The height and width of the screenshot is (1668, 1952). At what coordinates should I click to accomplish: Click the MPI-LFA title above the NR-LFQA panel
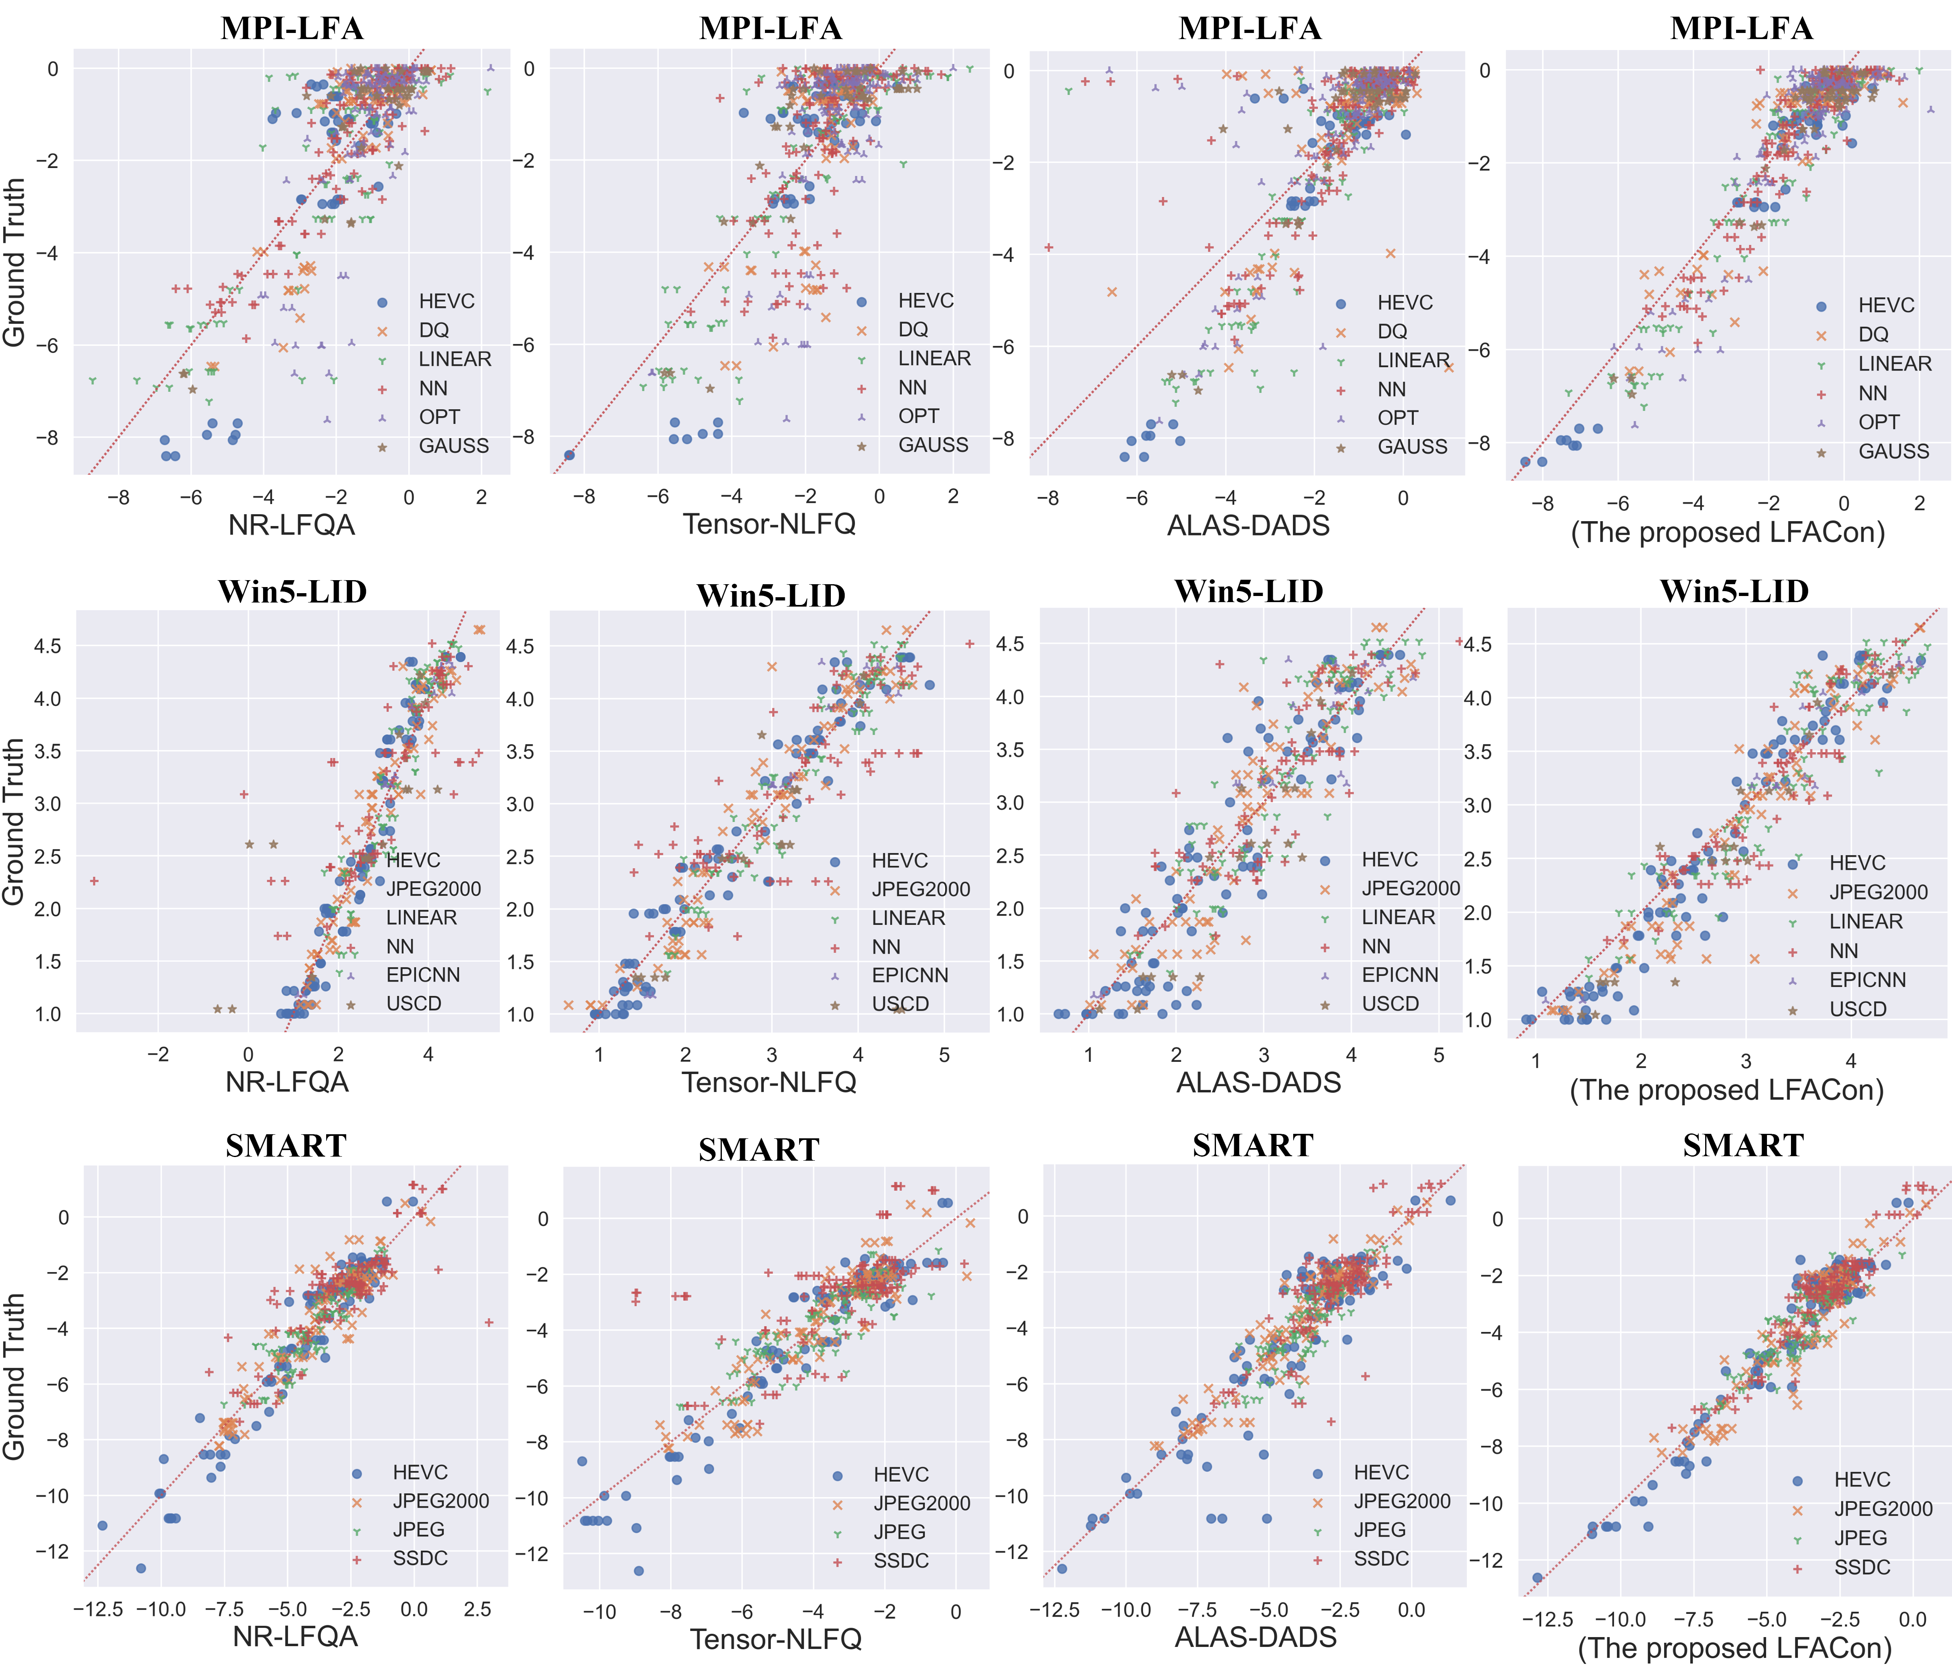[292, 28]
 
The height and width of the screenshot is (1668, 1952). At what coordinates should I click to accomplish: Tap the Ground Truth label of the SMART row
[13, 1376]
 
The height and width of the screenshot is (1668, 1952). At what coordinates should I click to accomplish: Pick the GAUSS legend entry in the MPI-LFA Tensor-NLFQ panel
[932, 445]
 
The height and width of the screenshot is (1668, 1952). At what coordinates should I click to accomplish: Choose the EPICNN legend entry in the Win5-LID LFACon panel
[1867, 980]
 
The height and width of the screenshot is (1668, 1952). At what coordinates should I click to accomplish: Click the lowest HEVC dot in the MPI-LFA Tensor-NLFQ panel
[569, 455]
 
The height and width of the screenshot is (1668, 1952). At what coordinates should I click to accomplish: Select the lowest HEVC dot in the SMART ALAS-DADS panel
[1062, 1568]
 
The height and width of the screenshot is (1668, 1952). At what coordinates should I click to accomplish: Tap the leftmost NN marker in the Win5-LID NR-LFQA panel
[94, 881]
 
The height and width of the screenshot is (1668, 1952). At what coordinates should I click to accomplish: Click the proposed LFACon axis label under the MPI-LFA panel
[1728, 533]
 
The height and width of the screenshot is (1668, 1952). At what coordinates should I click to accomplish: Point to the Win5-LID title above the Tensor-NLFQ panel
[771, 596]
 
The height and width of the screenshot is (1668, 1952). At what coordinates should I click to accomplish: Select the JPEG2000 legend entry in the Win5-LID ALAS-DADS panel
[1410, 889]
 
